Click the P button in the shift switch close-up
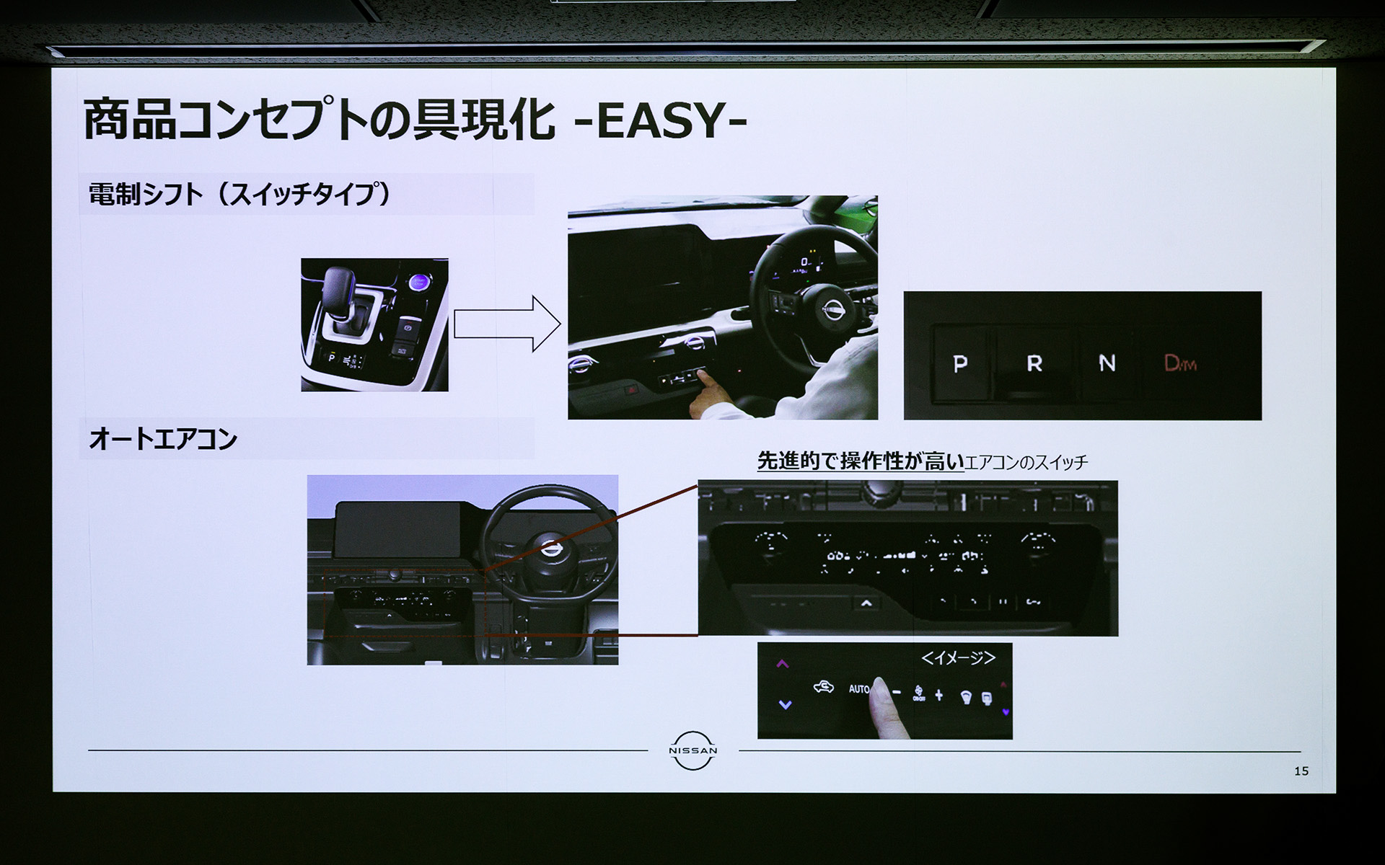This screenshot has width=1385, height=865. (960, 363)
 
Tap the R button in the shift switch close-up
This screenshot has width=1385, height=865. (1034, 363)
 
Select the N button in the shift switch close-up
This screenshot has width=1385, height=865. (1107, 363)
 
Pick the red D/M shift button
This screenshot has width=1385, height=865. (1180, 363)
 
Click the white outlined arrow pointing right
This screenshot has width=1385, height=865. (507, 324)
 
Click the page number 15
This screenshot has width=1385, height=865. (1301, 771)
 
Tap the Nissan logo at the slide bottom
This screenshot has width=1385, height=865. (692, 750)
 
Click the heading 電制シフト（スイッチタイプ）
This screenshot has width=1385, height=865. (239, 195)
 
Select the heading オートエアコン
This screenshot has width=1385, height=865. (163, 439)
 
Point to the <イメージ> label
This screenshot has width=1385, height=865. (958, 657)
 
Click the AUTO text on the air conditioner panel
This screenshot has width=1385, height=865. (858, 689)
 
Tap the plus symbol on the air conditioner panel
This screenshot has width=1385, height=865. (938, 695)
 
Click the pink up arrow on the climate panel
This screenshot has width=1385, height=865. (783, 664)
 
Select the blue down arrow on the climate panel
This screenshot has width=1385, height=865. (786, 704)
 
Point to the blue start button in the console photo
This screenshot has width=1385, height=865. (418, 283)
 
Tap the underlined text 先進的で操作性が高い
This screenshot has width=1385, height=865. (860, 461)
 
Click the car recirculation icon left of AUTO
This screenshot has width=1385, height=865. (823, 688)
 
